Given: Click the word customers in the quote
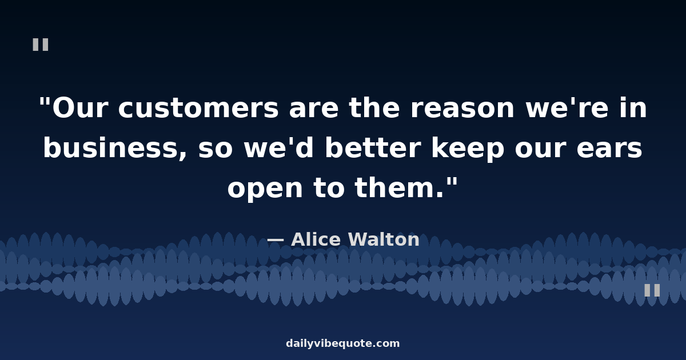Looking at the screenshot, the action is click(198, 108).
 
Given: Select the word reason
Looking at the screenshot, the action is click(462, 109).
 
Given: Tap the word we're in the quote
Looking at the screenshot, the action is click(567, 108).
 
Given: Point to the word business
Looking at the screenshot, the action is click(115, 148).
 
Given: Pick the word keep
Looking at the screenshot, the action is click(468, 149).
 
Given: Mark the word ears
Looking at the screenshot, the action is click(609, 149).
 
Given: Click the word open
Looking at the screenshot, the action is click(265, 190).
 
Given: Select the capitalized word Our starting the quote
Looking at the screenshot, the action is click(80, 108).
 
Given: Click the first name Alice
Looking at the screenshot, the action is click(316, 239).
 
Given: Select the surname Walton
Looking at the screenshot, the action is click(384, 239).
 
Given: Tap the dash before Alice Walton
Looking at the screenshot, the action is click(276, 241).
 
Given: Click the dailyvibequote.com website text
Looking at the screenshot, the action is click(342, 343).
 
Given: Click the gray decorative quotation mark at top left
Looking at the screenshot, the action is click(41, 45).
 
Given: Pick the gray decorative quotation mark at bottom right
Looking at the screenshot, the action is click(652, 290).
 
